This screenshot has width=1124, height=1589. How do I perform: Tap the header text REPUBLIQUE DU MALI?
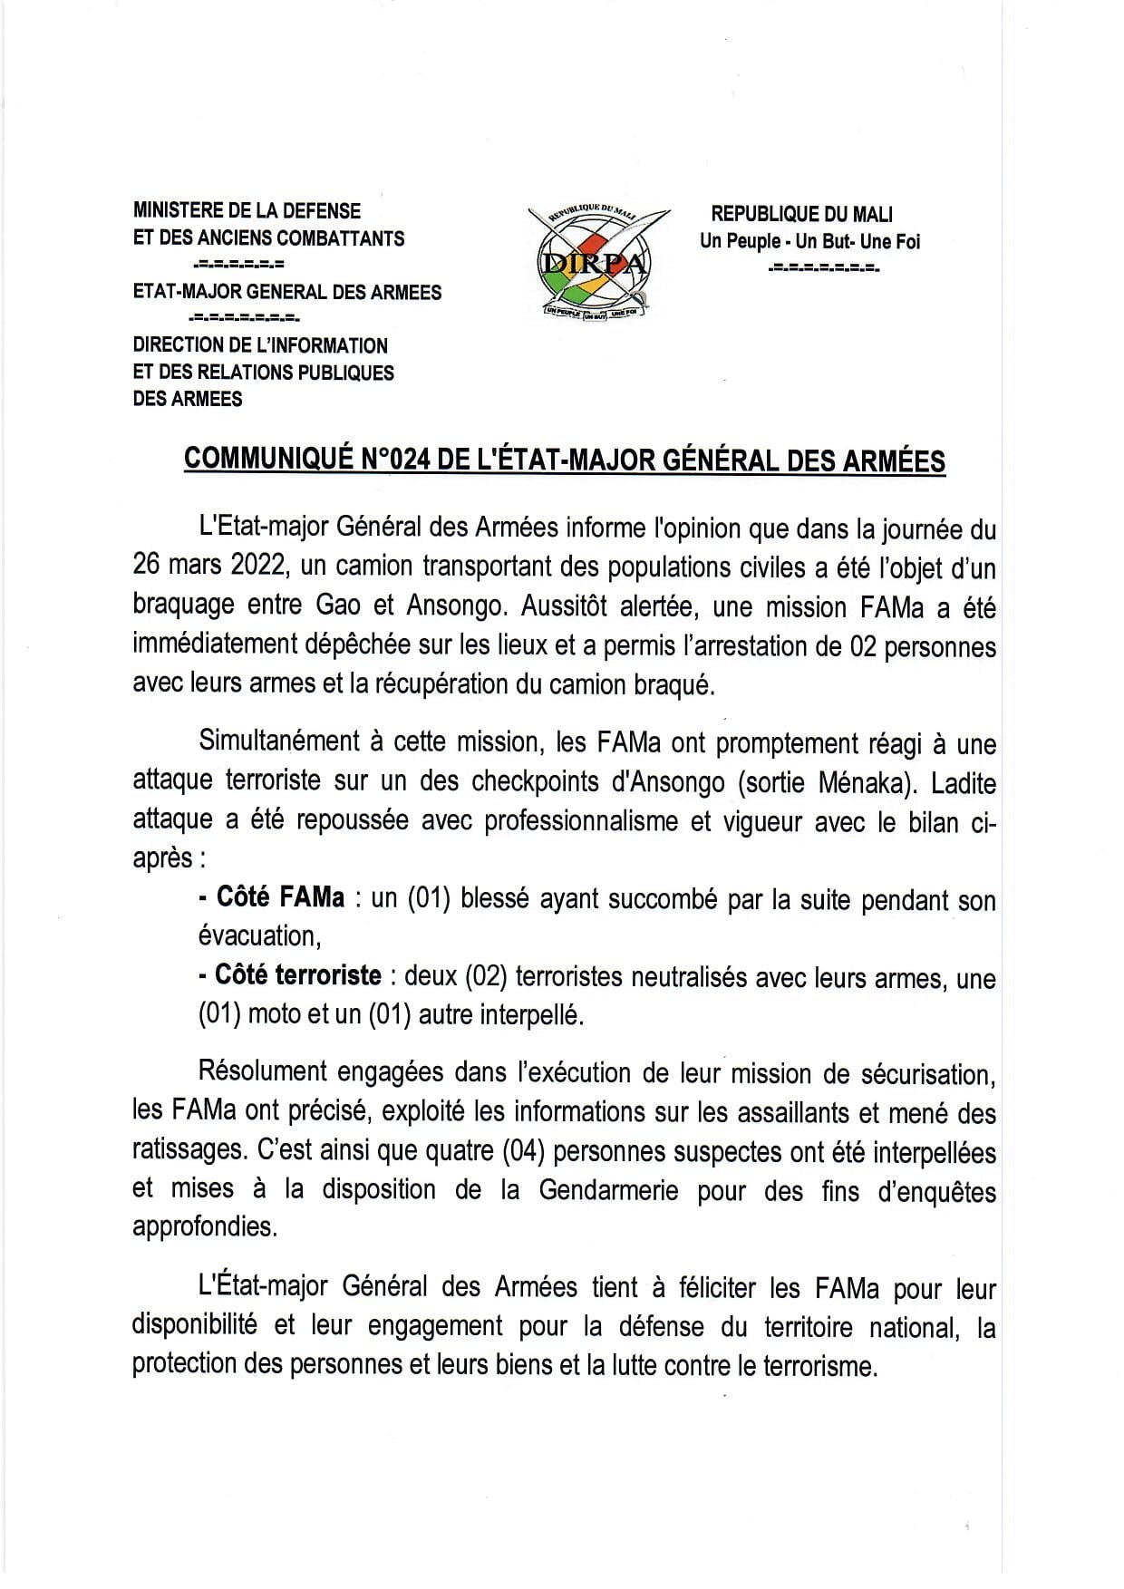(801, 214)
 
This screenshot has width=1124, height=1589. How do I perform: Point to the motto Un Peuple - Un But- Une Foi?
(809, 241)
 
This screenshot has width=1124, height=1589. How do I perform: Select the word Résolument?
(263, 1072)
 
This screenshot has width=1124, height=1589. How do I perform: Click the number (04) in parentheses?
(523, 1151)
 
